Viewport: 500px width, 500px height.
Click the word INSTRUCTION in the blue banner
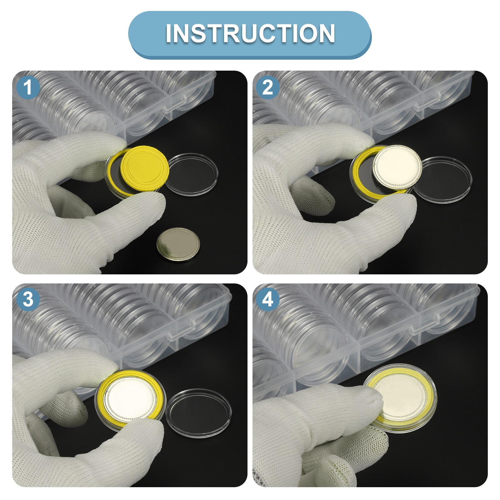coord(250,33)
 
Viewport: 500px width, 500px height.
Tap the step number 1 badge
coord(28,87)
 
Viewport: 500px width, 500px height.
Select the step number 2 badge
coord(268,87)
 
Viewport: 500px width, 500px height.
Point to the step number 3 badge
coord(28,299)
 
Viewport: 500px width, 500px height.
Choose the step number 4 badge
coord(268,299)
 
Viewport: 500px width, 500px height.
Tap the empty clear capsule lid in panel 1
coord(191,174)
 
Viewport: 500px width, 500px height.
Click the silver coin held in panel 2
coord(397,166)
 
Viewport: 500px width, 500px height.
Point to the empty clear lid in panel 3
coord(198,413)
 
